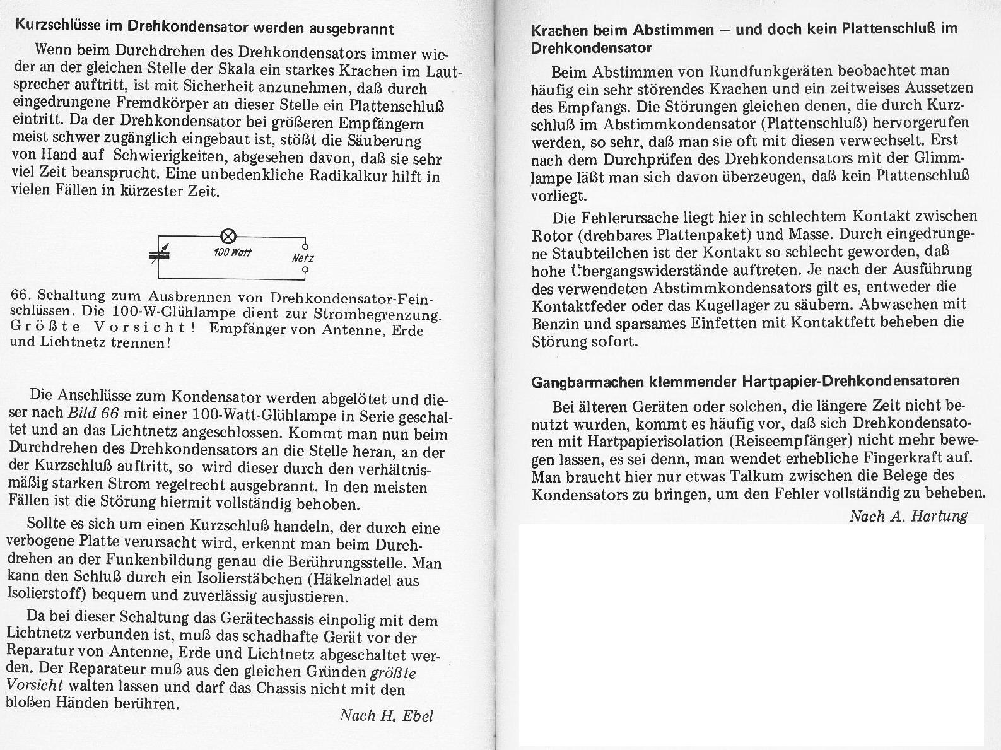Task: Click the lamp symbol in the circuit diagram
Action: pyautogui.click(x=228, y=237)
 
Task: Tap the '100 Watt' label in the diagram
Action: pyautogui.click(x=233, y=252)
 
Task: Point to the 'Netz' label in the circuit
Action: pyautogui.click(x=303, y=258)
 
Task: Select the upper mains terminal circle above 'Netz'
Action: pyautogui.click(x=305, y=246)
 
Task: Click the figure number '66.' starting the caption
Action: pyautogui.click(x=22, y=296)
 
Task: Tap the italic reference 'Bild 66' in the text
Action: pyautogui.click(x=93, y=414)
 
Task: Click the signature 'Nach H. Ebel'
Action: pyautogui.click(x=386, y=715)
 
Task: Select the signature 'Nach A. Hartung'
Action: pyautogui.click(x=908, y=516)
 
